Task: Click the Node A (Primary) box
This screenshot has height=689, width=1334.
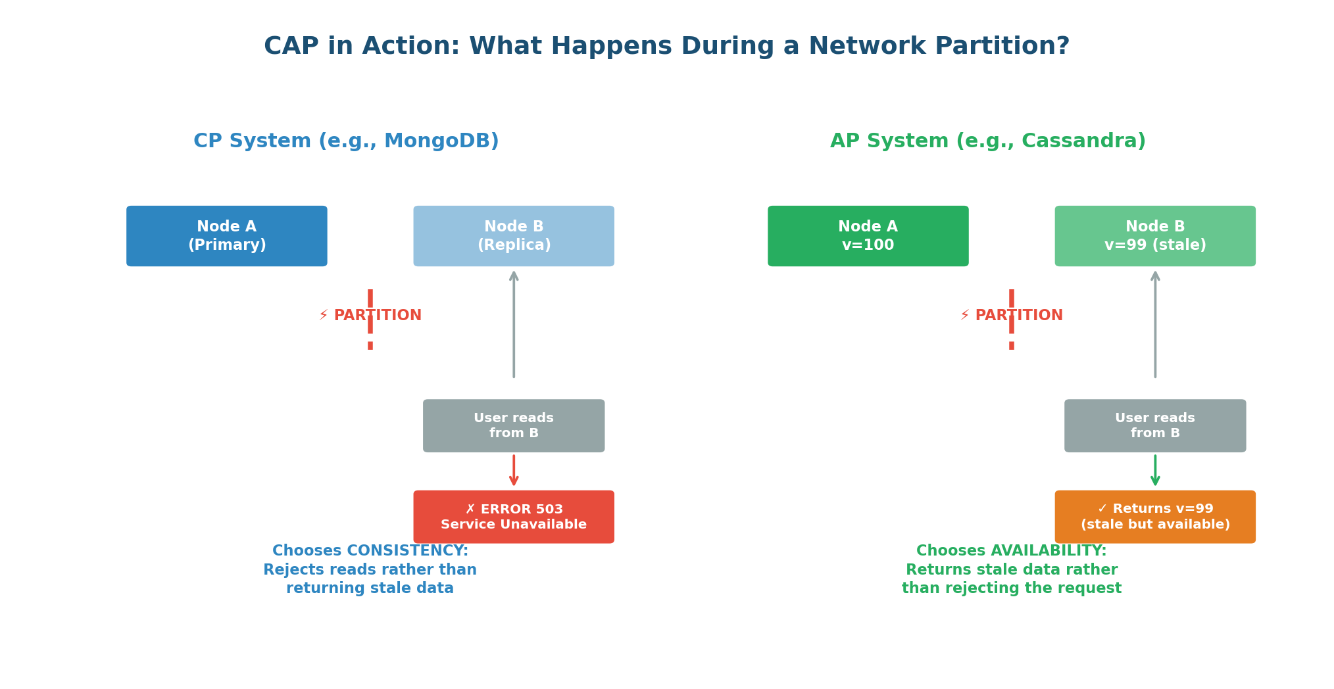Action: (x=226, y=236)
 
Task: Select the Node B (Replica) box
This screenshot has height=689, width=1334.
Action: (x=513, y=236)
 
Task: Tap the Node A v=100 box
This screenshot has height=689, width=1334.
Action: (x=868, y=236)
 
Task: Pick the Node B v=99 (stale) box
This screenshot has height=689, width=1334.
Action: (x=1154, y=236)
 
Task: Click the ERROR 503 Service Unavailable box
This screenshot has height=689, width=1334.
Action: (x=513, y=517)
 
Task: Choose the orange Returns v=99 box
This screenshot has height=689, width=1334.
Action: (x=1154, y=517)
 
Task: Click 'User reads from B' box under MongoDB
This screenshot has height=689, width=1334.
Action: (x=513, y=425)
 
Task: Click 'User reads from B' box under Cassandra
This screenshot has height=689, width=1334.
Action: (x=1154, y=425)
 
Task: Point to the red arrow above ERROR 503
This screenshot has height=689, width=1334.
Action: (x=514, y=471)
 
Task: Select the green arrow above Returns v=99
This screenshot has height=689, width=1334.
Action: (x=1155, y=471)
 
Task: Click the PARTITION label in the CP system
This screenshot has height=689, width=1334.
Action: (x=377, y=316)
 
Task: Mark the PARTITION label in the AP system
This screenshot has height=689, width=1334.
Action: (x=1018, y=316)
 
